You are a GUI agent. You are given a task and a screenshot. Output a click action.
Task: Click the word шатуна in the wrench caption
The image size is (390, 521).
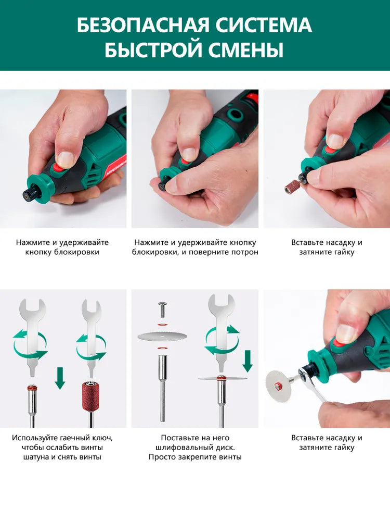coord(36,457)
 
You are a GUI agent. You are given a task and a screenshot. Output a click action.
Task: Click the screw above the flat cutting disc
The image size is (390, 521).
coord(162,308)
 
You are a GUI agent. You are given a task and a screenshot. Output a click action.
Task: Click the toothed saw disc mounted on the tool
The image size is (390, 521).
coord(277,385)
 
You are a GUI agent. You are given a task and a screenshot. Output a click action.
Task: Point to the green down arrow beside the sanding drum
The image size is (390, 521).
coord(60,378)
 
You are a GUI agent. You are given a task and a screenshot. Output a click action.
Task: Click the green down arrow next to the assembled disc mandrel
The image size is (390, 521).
coord(247,361)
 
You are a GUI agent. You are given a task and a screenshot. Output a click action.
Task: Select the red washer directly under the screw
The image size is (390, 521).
coord(162,324)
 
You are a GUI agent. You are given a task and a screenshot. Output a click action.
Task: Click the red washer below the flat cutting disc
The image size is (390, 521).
coord(162,348)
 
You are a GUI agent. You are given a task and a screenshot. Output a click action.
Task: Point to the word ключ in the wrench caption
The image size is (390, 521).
coord(101,438)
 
